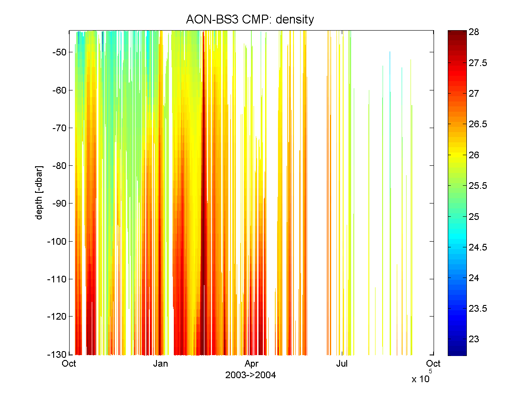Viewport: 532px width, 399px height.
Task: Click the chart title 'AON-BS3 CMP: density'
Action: point(250,20)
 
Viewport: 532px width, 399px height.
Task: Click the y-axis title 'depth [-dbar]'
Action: point(39,192)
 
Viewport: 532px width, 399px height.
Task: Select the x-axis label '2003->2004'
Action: point(250,376)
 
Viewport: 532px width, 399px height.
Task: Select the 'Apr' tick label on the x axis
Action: point(251,364)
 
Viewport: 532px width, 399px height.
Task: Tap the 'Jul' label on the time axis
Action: point(342,364)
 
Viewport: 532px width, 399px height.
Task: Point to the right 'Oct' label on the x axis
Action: point(433,364)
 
